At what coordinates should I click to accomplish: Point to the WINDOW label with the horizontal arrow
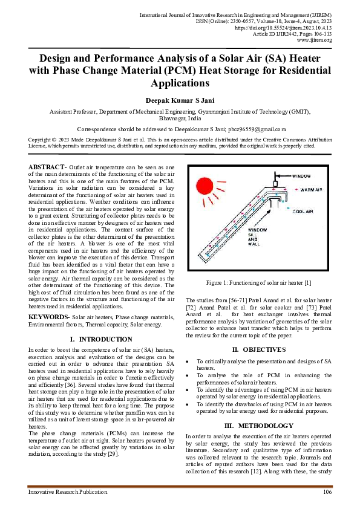(302, 176)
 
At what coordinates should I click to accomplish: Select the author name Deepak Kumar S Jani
(180, 99)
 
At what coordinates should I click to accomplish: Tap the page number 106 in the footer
(327, 493)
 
